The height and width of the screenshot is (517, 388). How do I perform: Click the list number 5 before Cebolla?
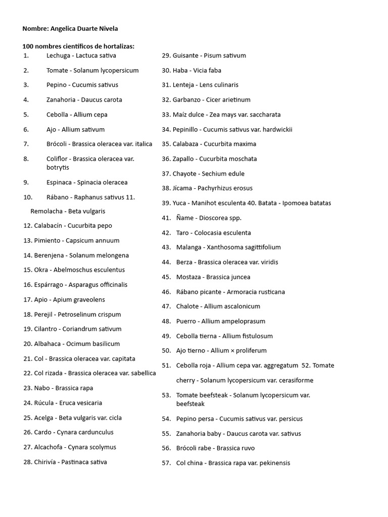(x=26, y=115)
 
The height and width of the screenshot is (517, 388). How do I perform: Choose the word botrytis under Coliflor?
(x=58, y=168)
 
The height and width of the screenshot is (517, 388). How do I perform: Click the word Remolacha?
(x=46, y=212)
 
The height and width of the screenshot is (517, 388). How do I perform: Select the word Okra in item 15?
(x=41, y=270)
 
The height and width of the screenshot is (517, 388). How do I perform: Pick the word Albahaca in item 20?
(x=49, y=344)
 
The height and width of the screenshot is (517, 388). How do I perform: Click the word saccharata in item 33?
(x=264, y=115)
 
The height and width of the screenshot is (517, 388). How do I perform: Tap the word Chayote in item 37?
(x=184, y=174)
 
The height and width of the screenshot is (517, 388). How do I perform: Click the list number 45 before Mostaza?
(x=166, y=277)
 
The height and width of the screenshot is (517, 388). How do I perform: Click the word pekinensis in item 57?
(x=274, y=463)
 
